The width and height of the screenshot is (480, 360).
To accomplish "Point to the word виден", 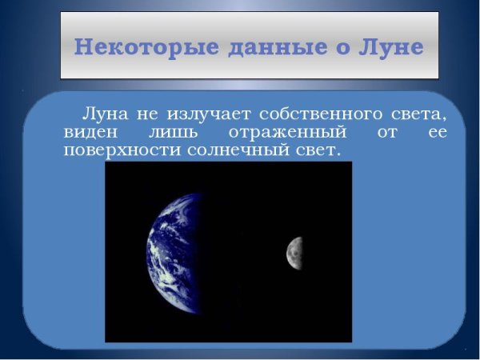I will pyautogui.click(x=88, y=132).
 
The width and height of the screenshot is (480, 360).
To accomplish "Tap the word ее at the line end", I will pyautogui.click(x=437, y=132).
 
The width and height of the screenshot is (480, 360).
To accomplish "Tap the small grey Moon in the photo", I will pyautogui.click(x=294, y=252).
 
